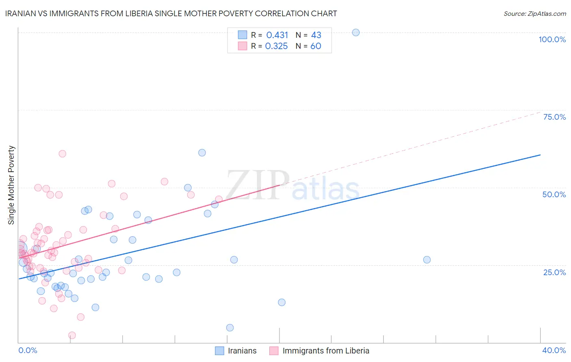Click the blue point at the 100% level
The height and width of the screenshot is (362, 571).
click(356, 32)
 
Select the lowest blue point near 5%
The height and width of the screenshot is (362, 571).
click(230, 328)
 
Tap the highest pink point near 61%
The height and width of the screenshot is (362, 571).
click(62, 153)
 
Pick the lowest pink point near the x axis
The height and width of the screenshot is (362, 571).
click(72, 335)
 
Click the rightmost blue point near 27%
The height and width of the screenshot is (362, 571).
click(427, 260)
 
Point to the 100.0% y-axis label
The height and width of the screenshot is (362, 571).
click(552, 39)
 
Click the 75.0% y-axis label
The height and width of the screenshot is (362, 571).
click(554, 117)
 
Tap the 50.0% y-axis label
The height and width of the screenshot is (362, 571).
click(554, 194)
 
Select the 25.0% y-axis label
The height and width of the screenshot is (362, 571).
click(554, 272)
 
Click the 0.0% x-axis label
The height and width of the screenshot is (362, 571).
click(28, 350)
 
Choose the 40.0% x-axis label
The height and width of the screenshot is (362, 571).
click(554, 350)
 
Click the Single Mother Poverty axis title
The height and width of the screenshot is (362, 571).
click(11, 185)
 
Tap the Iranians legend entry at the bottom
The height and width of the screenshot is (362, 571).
click(242, 351)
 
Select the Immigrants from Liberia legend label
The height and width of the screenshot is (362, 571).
click(326, 351)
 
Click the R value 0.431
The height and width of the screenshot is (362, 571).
click(277, 35)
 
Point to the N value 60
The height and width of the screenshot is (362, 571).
click(316, 46)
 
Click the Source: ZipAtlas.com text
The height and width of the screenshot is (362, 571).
click(534, 14)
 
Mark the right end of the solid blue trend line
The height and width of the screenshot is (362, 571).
click(540, 155)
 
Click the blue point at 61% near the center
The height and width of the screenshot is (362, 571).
click(202, 153)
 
